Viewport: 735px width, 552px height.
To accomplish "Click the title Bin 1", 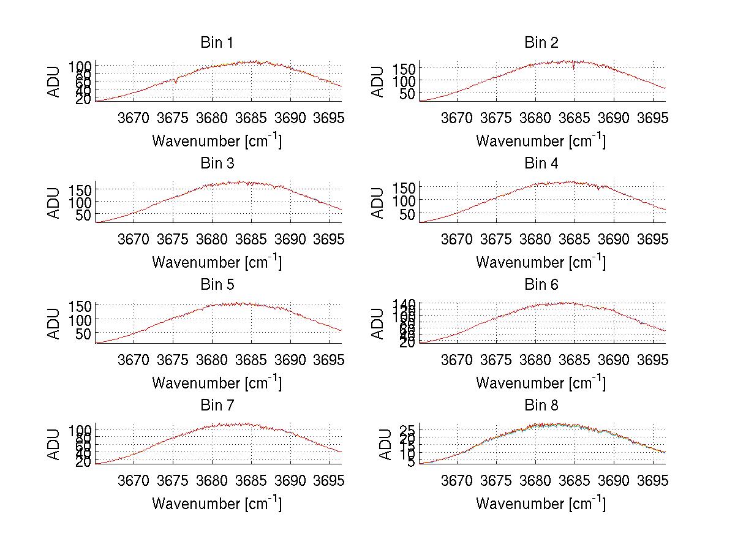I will click(216, 43).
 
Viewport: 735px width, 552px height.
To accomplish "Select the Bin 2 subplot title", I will click(541, 43).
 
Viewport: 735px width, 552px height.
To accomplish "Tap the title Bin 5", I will click(216, 285).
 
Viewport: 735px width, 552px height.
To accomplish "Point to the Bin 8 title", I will click(541, 406).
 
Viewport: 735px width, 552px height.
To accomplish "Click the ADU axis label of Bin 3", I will click(55, 203).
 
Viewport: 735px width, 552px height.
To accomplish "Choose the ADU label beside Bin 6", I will click(378, 323).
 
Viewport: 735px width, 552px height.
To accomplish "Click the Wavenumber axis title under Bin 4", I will click(541, 262).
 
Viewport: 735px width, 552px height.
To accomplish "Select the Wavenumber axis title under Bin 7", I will click(216, 504).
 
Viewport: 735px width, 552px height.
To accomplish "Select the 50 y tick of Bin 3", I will click(84, 215).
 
